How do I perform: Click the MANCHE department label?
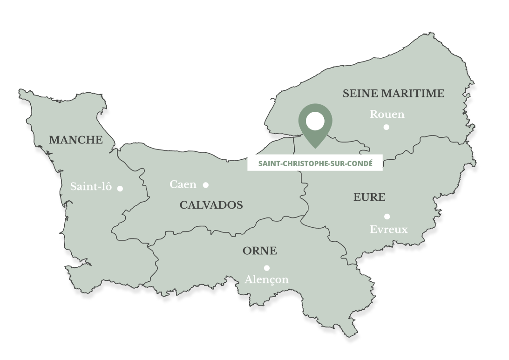(75, 140)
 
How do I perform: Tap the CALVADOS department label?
(211, 205)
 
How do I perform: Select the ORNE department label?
(259, 251)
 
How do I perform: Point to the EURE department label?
(369, 197)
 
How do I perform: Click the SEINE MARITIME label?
(394, 94)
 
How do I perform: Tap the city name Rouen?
(387, 115)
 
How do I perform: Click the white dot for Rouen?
(386, 127)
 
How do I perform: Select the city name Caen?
(183, 184)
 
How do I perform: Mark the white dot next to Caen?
(206, 185)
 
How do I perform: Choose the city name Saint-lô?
(91, 187)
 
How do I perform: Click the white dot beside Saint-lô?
(120, 188)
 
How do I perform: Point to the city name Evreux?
(388, 230)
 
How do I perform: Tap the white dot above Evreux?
(387, 216)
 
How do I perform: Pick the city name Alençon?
(267, 280)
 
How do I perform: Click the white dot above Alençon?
(267, 267)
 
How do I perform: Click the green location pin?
(315, 135)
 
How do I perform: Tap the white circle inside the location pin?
(315, 121)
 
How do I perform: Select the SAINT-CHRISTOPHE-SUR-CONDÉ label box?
(315, 163)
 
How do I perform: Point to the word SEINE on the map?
(361, 94)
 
